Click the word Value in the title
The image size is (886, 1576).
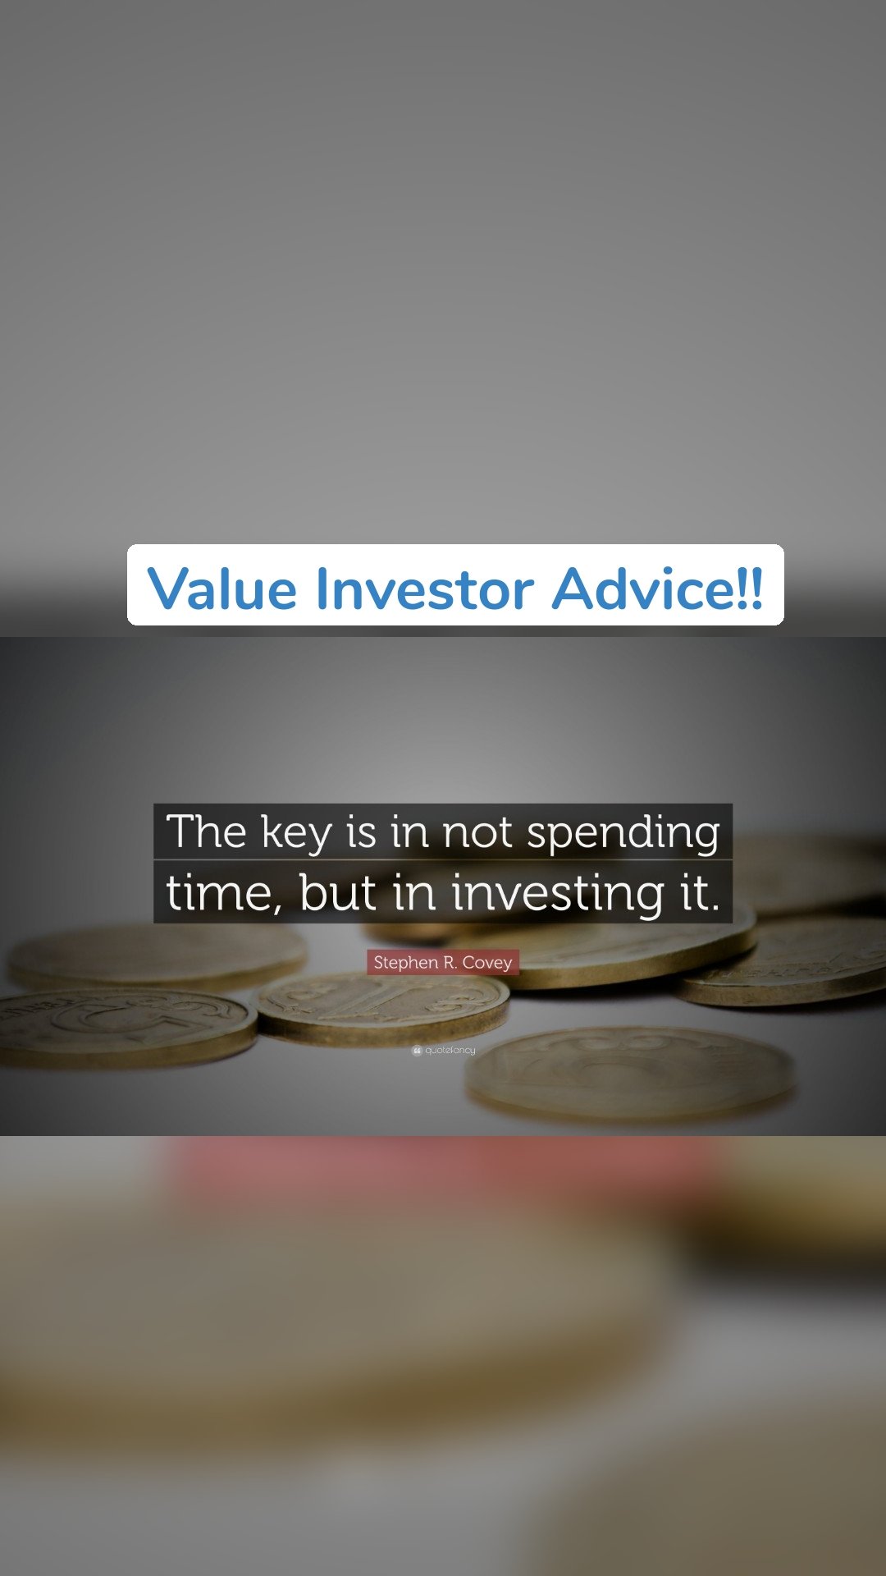tap(221, 589)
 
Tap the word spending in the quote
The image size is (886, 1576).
tap(623, 832)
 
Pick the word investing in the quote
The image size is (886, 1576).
tap(558, 893)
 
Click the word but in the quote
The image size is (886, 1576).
tap(337, 893)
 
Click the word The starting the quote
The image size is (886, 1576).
tap(206, 832)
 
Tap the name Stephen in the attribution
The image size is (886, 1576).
tap(405, 962)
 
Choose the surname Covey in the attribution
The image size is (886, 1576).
tap(487, 962)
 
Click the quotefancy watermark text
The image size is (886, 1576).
tap(450, 1051)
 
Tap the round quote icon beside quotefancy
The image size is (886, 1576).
tap(417, 1051)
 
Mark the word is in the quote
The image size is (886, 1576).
tap(361, 832)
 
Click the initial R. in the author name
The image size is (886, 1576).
tap(450, 962)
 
